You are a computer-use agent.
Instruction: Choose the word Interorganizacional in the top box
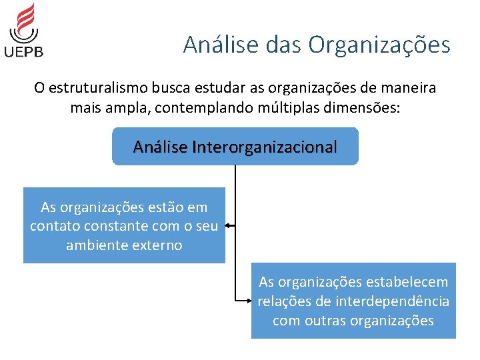(x=265, y=147)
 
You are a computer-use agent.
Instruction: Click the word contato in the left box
(x=54, y=227)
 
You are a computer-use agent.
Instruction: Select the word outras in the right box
(x=324, y=321)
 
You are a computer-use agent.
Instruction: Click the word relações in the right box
(x=282, y=301)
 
